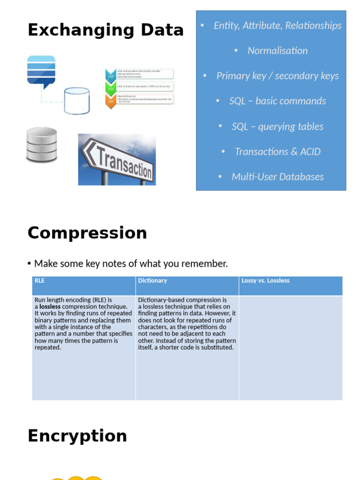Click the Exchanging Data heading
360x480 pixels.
pos(105,30)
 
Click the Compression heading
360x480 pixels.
pos(87,233)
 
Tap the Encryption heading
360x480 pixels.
pos(77,436)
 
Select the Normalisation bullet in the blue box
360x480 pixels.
pos(277,51)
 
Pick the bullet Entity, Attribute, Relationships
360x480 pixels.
pos(277,25)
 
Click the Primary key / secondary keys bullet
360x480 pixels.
pos(277,76)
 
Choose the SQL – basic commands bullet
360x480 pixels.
pos(277,101)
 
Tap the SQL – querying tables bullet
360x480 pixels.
pos(277,126)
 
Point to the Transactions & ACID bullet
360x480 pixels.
pos(277,151)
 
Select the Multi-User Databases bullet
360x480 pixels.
pos(277,177)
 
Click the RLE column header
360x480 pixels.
pos(40,281)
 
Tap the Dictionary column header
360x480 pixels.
pos(152,281)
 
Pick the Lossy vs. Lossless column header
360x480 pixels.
pos(265,281)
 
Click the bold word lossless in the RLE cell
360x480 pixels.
pos(50,307)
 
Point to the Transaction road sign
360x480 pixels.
pos(117,160)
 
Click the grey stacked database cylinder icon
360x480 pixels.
pos(41,145)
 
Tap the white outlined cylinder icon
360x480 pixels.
pos(76,101)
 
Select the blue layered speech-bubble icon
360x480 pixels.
pos(41,71)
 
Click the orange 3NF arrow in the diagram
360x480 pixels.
pos(111,101)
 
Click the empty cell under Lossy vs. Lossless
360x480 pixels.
pos(291,347)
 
